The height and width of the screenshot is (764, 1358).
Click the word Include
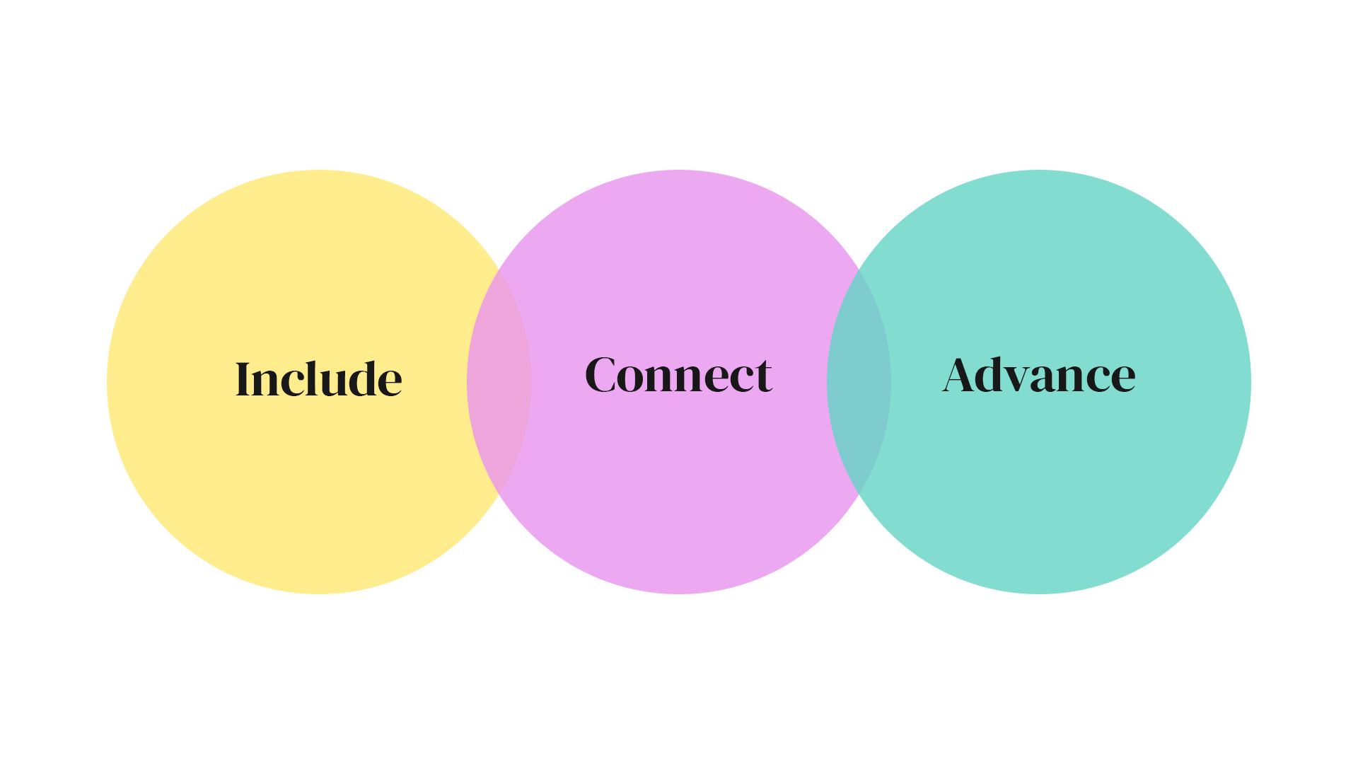tap(318, 379)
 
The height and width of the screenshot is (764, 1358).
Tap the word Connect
tap(678, 375)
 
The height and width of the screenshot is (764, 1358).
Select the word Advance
tap(1038, 375)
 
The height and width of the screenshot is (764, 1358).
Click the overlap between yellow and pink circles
tap(499, 382)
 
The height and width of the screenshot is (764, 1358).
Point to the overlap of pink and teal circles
tap(859, 382)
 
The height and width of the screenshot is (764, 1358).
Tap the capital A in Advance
tap(961, 375)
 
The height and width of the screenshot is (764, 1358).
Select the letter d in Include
tap(365, 379)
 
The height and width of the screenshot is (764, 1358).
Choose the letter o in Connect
tap(631, 378)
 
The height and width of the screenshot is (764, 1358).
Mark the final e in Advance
tap(1122, 378)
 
